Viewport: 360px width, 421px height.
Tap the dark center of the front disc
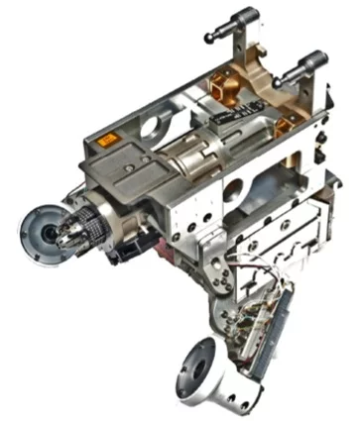(x=48, y=234)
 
